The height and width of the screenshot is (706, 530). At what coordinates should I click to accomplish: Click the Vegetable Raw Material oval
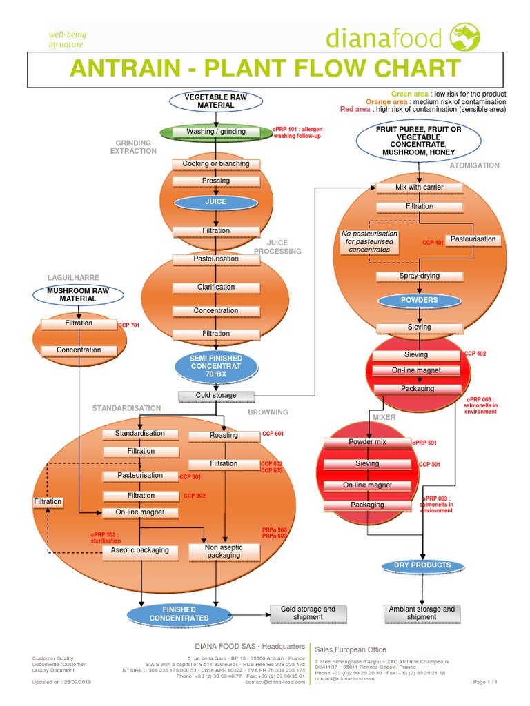coord(216,101)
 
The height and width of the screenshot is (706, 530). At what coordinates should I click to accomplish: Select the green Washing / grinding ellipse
coord(216,132)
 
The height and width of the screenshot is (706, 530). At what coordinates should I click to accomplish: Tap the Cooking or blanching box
coord(216,164)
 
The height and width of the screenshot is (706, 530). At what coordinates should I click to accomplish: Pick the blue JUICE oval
coord(216,202)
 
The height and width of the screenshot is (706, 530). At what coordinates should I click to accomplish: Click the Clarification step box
coord(216,287)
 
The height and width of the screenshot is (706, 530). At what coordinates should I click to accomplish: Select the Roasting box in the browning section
coord(224,435)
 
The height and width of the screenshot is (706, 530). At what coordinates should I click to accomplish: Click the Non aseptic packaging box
coord(224,551)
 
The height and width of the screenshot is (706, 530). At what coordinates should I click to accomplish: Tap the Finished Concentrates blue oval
coord(179,613)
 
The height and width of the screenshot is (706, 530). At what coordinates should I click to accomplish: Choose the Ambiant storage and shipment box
coord(422,613)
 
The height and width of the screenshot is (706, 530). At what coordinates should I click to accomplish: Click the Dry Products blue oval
coord(422,565)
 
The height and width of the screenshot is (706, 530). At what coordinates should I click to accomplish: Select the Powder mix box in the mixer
coord(367,442)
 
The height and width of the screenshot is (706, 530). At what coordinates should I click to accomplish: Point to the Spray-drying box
coord(419,276)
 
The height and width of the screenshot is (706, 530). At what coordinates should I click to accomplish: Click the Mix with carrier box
coord(419,188)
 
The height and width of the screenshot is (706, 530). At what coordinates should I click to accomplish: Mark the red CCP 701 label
coord(129,325)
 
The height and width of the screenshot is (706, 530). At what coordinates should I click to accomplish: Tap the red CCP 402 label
coord(475,354)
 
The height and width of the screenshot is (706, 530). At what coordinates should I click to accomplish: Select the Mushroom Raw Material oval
coord(78,295)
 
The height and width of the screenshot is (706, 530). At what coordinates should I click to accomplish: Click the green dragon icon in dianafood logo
coord(463,34)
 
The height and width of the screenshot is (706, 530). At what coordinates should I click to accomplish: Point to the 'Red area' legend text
coord(355,109)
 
